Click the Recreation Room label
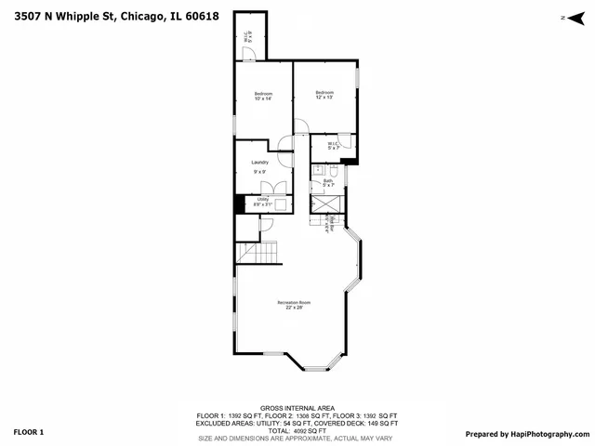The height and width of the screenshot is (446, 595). pos(293,305)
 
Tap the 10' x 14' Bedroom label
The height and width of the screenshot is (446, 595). pos(263,95)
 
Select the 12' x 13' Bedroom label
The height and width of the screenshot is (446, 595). pos(324,95)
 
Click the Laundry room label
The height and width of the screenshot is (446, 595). pos(259,165)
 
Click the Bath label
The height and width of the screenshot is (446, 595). pos(328,183)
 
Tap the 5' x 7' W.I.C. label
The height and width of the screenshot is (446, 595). pos(333,146)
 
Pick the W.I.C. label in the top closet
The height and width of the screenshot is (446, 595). pos(246,39)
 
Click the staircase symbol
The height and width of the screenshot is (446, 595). pos(258,252)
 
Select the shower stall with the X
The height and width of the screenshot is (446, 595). pos(327,203)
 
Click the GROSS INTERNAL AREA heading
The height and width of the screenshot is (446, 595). pos(297,408)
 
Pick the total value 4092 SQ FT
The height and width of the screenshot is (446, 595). pos(310,430)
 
